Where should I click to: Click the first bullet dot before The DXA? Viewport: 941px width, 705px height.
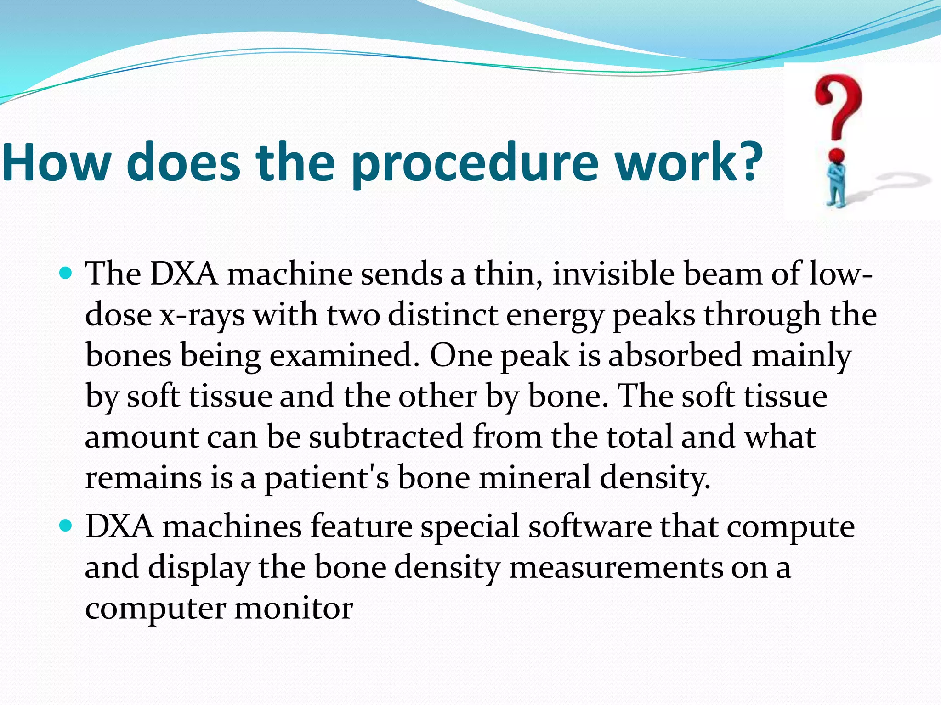66,274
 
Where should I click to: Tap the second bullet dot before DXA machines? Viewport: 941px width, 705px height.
66,525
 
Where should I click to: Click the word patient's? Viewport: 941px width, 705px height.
327,477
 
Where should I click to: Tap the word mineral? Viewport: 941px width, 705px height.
535,477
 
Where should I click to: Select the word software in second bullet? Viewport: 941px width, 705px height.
590,526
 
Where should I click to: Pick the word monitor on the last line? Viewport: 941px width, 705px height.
294,608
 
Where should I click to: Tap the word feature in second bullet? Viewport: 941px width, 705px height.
361,526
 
